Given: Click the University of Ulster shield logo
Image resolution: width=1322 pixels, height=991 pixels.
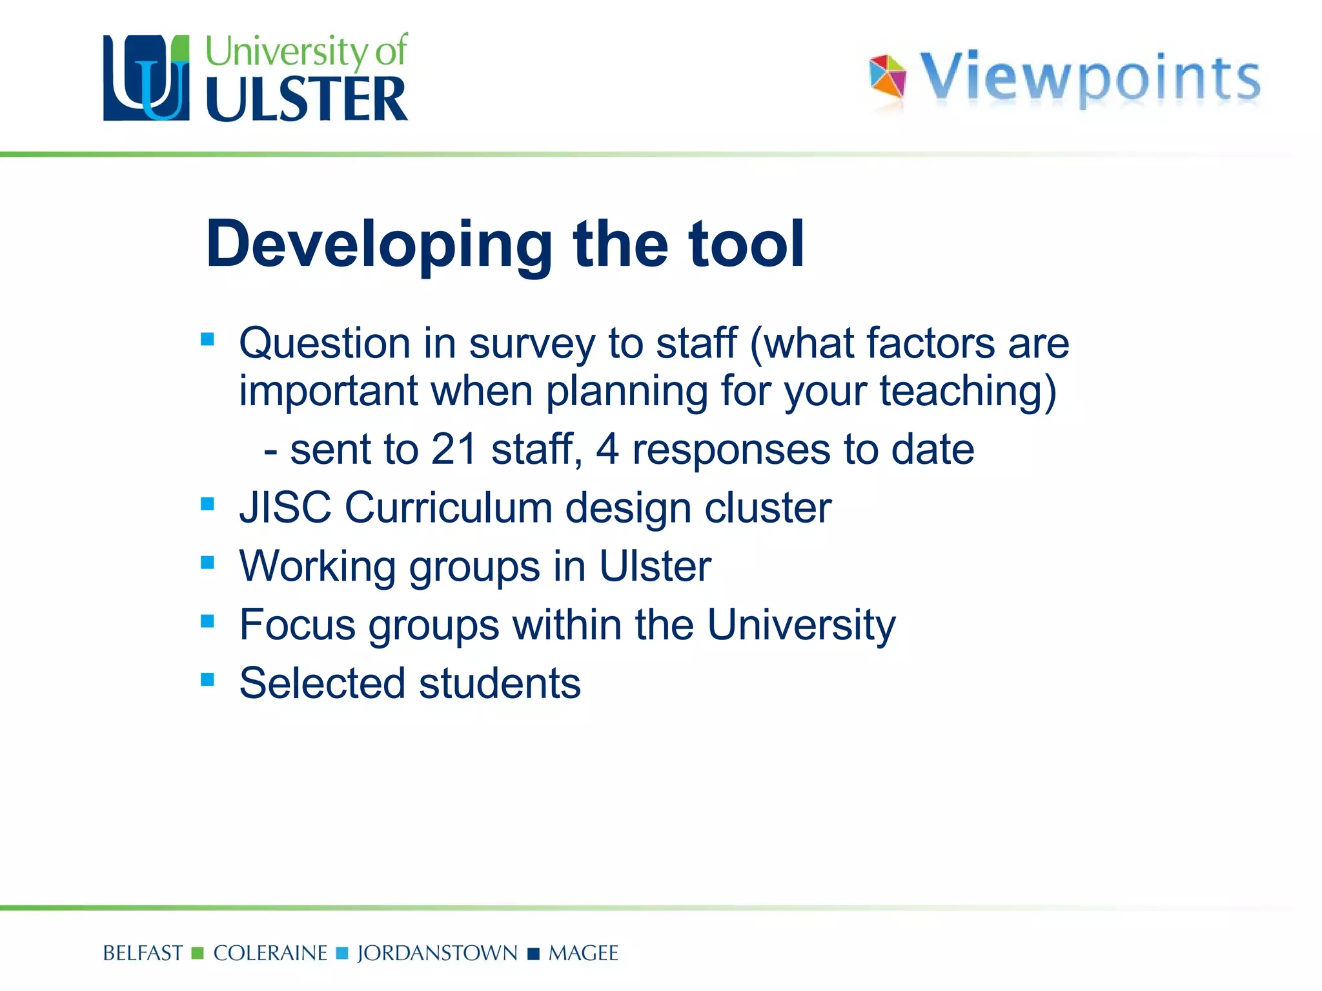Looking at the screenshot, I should point(147,78).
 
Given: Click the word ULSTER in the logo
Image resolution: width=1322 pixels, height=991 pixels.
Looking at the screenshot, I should point(307,99).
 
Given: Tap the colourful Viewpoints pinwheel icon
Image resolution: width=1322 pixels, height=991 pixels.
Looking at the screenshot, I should point(888,77).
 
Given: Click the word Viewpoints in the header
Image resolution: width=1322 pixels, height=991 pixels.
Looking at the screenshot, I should point(1090,78).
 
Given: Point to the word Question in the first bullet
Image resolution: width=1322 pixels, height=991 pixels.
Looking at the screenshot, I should point(325,343).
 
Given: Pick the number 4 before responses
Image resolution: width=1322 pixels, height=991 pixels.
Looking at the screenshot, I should point(607,449).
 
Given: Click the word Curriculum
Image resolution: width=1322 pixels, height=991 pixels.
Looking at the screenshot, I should point(448,508).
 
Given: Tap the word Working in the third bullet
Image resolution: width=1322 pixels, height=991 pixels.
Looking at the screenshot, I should point(317,567).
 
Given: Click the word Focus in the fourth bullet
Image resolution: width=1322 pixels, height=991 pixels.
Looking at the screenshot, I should point(298,625).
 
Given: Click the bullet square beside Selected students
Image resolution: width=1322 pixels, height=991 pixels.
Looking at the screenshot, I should point(207,679).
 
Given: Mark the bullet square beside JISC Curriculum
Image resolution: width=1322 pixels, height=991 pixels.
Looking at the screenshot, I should point(207,503).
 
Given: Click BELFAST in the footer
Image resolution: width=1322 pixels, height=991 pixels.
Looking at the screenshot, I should point(143,954).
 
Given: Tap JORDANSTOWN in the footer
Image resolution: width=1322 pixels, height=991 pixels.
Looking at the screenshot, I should point(437,954).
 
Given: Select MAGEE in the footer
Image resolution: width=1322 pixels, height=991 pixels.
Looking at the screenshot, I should point(583,954).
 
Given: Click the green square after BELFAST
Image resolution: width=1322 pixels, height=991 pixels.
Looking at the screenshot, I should point(198,953).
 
